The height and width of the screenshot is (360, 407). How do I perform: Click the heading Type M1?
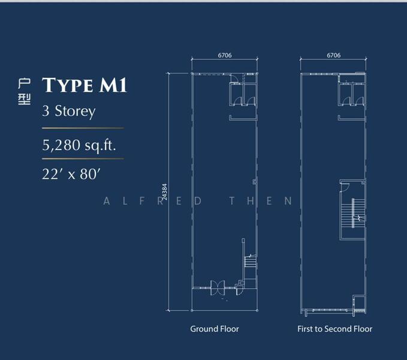(85, 85)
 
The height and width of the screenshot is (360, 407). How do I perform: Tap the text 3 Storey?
(69, 111)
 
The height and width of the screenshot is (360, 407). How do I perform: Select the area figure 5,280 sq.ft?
(79, 145)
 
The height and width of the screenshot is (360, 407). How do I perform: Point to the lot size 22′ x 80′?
(71, 174)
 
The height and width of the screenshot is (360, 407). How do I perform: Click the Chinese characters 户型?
(25, 92)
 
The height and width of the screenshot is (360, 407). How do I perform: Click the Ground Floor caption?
(215, 329)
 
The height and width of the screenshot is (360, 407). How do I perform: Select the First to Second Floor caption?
(335, 329)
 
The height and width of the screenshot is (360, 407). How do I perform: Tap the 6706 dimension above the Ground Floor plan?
(225, 55)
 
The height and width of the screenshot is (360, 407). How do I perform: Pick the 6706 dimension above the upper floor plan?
(333, 55)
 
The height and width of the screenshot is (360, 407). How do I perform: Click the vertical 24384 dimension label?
(165, 191)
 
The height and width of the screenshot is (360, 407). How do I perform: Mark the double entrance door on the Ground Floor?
(218, 288)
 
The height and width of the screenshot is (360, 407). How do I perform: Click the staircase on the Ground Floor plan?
(250, 261)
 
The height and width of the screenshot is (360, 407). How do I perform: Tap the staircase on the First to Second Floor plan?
(353, 213)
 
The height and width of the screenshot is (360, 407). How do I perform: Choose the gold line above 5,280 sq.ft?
(83, 128)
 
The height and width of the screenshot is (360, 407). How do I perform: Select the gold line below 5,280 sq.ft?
(83, 158)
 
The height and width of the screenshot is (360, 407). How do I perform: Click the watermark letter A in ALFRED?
(106, 201)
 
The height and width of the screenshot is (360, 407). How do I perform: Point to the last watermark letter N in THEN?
(288, 201)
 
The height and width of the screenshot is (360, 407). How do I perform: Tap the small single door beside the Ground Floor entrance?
(239, 289)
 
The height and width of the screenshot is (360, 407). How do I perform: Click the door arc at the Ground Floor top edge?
(234, 77)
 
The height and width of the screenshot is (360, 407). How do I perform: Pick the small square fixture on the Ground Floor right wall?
(255, 182)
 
